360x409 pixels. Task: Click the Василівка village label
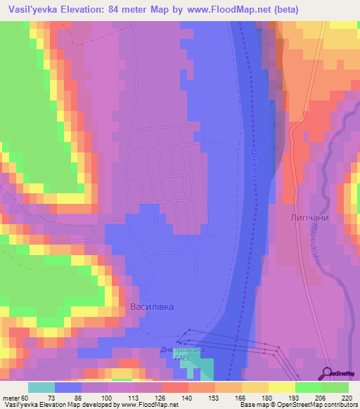pyautogui.click(x=152, y=307)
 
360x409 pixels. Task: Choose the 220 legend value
pyautogui.click(x=347, y=398)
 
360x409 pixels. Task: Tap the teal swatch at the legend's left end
pyautogui.click(x=41, y=387)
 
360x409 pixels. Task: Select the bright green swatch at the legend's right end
pyautogui.click(x=335, y=387)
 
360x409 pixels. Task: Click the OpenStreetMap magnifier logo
pyautogui.click(x=327, y=373)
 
